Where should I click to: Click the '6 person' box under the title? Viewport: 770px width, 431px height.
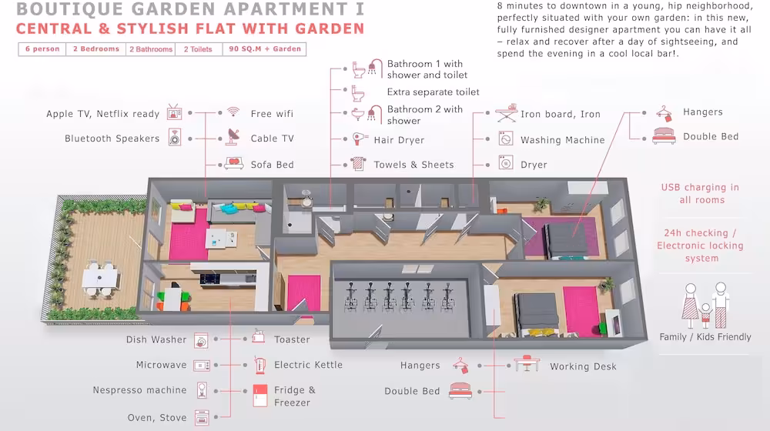coord(42,49)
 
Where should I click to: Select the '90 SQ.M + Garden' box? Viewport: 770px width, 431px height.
coord(265,49)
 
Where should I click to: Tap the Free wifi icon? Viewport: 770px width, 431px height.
coord(233,112)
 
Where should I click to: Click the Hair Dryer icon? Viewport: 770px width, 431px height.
coord(360,139)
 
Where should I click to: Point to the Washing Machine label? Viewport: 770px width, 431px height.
coord(562,140)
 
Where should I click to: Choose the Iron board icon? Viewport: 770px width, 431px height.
coord(507,113)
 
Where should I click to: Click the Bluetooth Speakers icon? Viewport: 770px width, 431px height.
coord(175,138)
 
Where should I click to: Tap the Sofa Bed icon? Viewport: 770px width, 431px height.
coord(234,163)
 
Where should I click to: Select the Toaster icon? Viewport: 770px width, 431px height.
coord(259,337)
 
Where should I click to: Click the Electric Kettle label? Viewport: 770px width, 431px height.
coord(308,365)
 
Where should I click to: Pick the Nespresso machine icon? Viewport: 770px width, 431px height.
coord(202,390)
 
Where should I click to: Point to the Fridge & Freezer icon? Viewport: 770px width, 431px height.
coord(259,396)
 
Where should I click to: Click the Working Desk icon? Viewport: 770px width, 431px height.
coord(527,364)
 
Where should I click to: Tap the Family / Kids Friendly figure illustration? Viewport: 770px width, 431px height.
coord(705,306)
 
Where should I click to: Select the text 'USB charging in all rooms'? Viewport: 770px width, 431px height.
coord(701,193)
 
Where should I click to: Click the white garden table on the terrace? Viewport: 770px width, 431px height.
coord(100,278)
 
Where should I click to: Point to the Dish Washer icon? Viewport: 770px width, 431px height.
coord(201,340)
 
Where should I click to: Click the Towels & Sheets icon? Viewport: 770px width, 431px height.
coord(358,163)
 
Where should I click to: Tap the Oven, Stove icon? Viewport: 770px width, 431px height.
coord(202,418)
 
